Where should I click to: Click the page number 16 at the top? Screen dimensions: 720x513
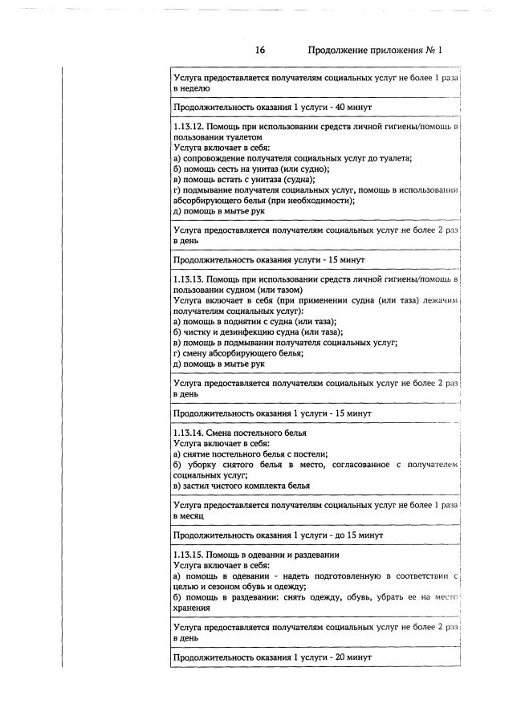coord(260,50)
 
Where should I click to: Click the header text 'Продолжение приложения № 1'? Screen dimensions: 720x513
coord(375,50)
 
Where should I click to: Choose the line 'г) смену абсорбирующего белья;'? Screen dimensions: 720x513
coord(238,353)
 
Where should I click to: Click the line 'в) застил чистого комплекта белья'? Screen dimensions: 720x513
coord(242,485)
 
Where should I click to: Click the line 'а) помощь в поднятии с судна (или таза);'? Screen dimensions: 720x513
coord(254,321)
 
